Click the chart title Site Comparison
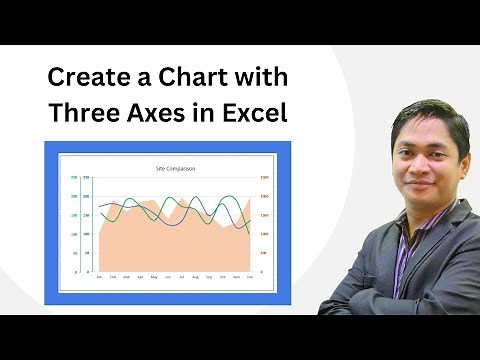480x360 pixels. (175, 168)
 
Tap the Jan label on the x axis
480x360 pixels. (99, 277)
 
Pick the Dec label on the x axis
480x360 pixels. (249, 277)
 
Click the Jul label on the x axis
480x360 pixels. (181, 277)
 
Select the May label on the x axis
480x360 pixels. (154, 277)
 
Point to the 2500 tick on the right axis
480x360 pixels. (264, 178)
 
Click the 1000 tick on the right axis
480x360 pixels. (264, 234)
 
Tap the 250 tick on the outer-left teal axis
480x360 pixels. (74, 178)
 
